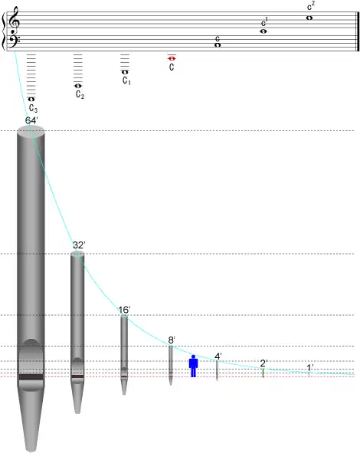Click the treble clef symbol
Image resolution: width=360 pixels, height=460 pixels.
pyautogui.click(x=14, y=20)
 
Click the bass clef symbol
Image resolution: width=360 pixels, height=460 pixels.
pyautogui.click(x=14, y=41)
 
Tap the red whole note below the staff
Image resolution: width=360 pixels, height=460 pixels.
pyautogui.click(x=172, y=59)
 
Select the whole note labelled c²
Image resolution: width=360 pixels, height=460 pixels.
pyautogui.click(x=309, y=18)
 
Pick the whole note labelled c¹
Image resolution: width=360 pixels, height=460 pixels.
pyautogui.click(x=263, y=31)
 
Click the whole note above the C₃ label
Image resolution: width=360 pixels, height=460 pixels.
pyautogui.click(x=31, y=99)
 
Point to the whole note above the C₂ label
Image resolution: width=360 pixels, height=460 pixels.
pyautogui.click(x=77, y=86)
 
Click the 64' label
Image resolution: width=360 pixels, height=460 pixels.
pyautogui.click(x=31, y=120)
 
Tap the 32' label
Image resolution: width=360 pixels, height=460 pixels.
pyautogui.click(x=79, y=245)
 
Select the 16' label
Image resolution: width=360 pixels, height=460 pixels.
pyautogui.click(x=124, y=310)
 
